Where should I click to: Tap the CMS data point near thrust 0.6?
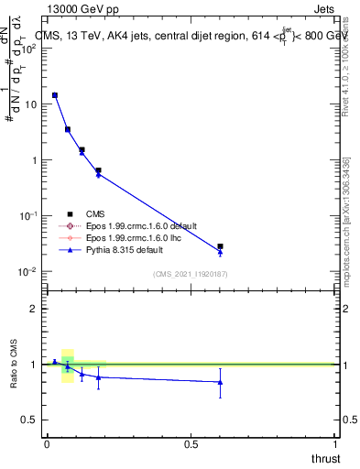tap(220, 246)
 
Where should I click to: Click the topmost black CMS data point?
tap(54, 95)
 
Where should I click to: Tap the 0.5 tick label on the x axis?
tap(191, 444)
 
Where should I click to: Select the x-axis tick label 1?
tap(335, 444)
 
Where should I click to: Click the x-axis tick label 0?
tap(46, 444)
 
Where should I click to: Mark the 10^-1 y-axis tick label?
tap(27, 216)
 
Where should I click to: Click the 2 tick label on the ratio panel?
tap(33, 309)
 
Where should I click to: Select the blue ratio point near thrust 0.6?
tap(220, 382)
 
